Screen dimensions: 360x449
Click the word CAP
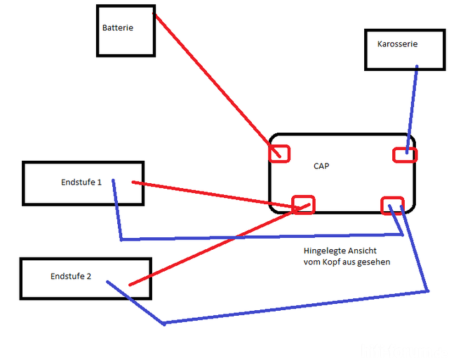pos(321,166)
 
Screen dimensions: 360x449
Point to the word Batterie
pos(117,28)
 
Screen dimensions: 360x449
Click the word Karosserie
pos(397,44)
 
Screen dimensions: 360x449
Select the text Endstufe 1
pos(81,182)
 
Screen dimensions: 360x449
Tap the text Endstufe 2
pos(71,276)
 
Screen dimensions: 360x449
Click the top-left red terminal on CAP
pos(279,152)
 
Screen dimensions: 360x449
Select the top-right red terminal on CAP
pos(404,154)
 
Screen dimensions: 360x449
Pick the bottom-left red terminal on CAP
pos(303,204)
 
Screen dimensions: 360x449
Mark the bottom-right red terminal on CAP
pos(392,204)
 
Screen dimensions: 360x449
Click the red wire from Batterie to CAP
pos(210,77)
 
